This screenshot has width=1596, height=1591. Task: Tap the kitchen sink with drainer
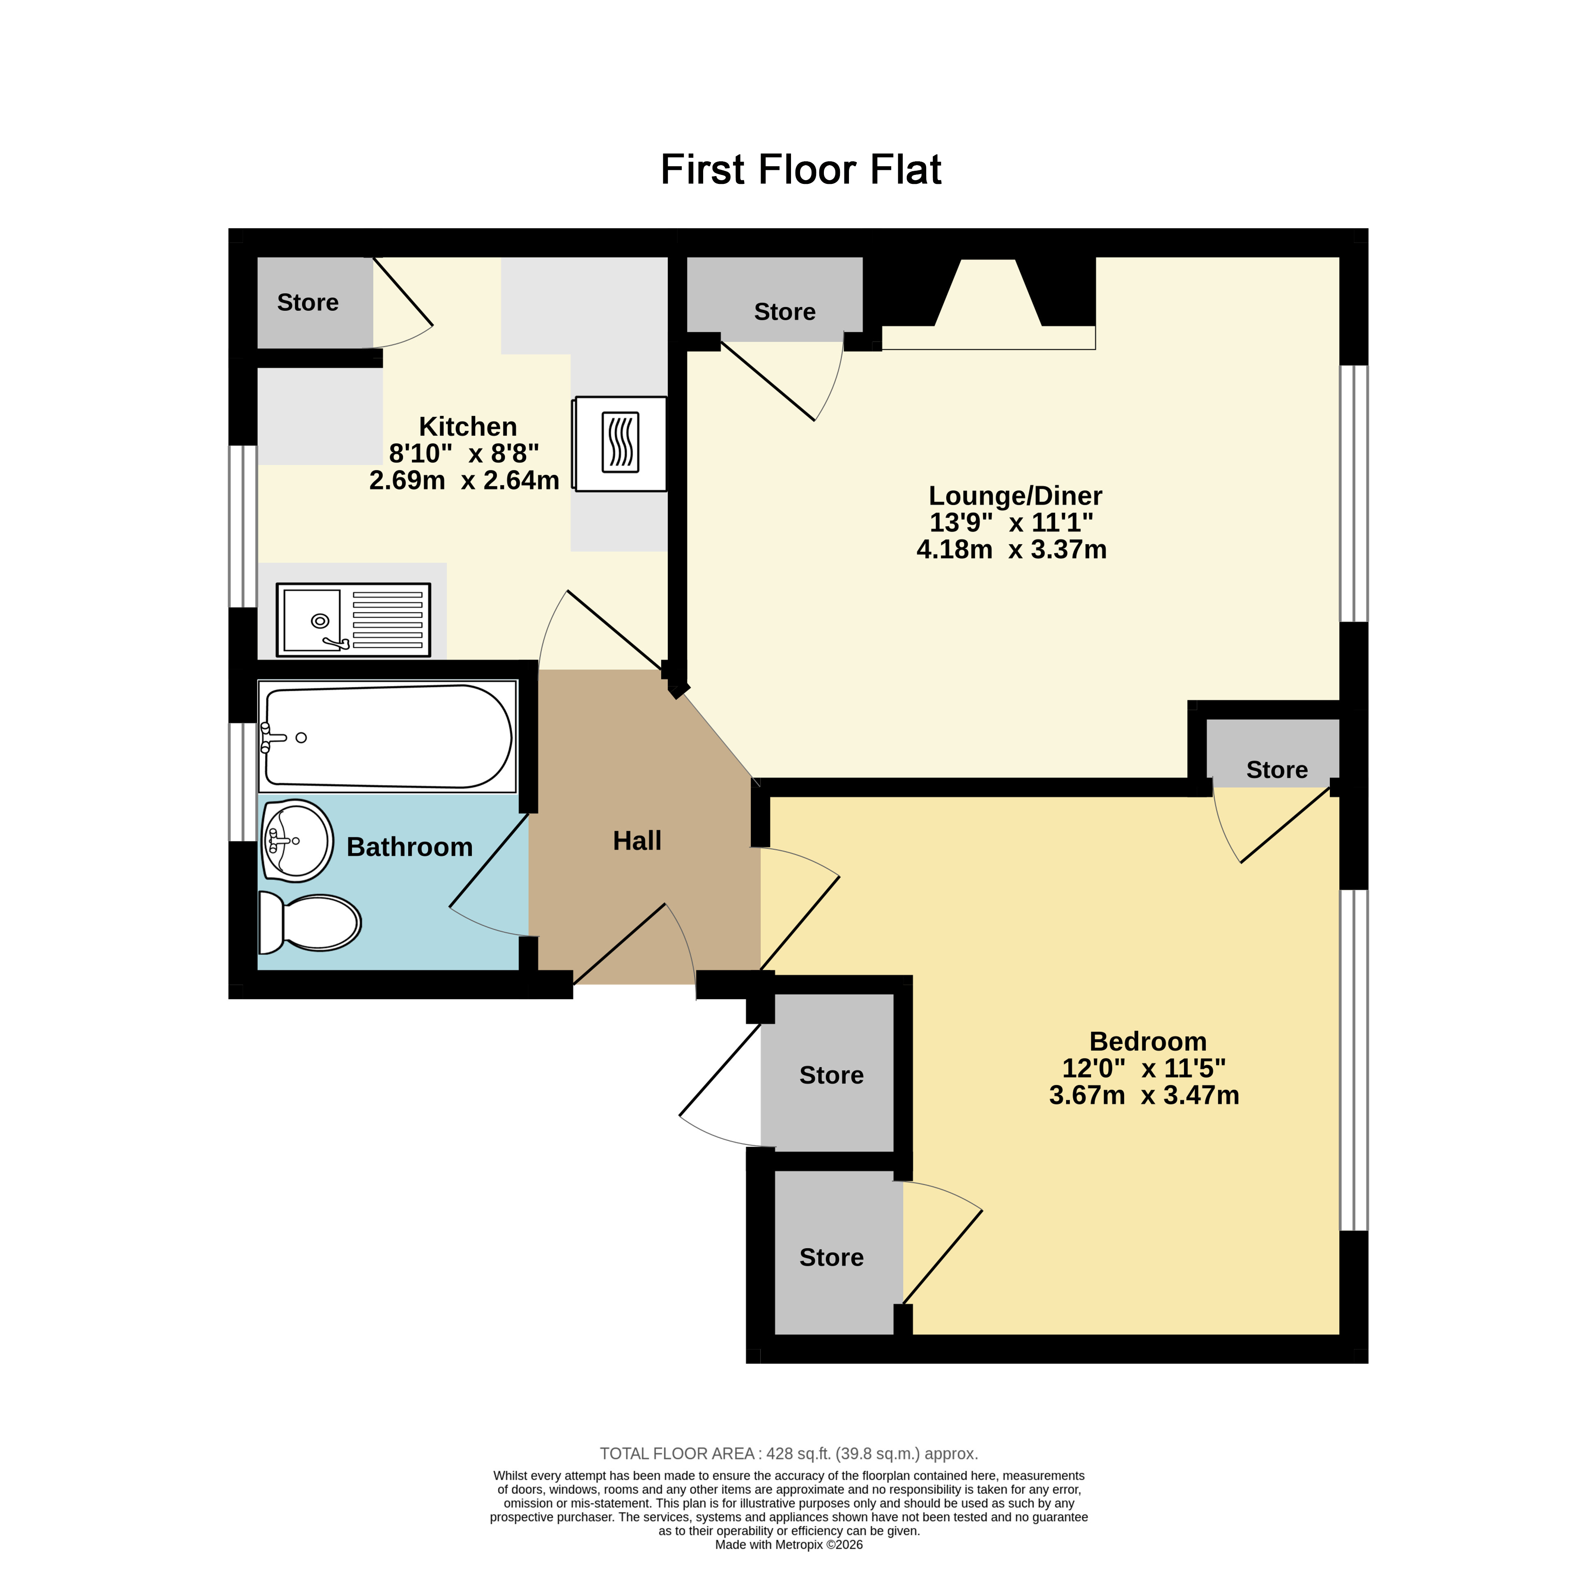(x=353, y=619)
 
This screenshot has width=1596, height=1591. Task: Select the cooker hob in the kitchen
(x=621, y=443)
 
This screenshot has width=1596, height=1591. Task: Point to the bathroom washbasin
(x=297, y=841)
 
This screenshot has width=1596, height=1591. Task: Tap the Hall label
(x=637, y=841)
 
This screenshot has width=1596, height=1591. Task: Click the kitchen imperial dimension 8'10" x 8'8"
(x=464, y=453)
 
